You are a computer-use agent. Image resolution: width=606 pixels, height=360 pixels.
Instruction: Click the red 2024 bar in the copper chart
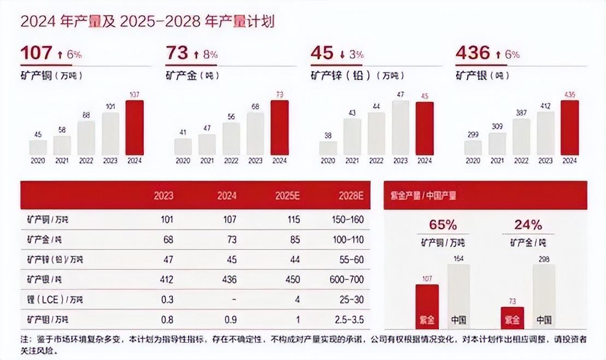[135, 127]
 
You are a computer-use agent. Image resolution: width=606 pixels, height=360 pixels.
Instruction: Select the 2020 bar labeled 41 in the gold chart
[183, 147]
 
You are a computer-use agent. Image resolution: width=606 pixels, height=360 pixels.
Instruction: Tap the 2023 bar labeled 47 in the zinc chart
[400, 127]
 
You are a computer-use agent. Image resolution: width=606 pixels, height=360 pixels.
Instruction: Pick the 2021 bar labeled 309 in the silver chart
[497, 144]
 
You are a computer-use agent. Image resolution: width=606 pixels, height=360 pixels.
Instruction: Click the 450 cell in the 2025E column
[293, 280]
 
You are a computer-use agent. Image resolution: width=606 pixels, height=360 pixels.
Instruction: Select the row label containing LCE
[52, 300]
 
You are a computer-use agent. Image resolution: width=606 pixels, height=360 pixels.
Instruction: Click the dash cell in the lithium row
[234, 300]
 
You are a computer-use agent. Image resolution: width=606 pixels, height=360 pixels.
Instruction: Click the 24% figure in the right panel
[528, 225]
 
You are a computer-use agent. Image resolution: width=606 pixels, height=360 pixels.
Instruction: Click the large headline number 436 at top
[473, 53]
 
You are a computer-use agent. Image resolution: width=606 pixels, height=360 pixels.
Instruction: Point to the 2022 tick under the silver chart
[521, 161]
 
